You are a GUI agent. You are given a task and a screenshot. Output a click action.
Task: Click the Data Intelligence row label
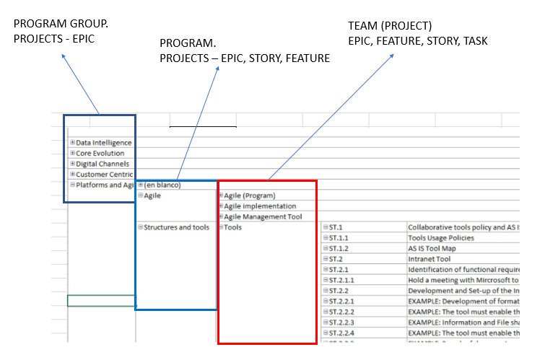(103, 143)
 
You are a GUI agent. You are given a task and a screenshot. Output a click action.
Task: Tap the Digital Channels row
(101, 164)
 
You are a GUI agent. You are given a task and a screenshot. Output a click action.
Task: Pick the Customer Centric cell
(103, 175)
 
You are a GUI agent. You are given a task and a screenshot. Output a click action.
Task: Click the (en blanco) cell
(162, 185)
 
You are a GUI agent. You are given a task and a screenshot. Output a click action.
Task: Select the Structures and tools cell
(176, 227)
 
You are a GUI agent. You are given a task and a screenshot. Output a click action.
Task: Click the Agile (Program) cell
(249, 196)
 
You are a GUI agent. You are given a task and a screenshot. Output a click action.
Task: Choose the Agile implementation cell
(255, 206)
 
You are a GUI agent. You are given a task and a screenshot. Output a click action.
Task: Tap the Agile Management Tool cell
(262, 216)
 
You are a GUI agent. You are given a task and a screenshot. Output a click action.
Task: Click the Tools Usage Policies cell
(441, 237)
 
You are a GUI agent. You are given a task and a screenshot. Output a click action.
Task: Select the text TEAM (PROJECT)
(390, 26)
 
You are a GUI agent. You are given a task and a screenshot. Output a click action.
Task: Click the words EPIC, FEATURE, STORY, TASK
(417, 41)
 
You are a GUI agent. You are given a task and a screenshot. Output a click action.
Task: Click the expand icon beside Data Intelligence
(73, 143)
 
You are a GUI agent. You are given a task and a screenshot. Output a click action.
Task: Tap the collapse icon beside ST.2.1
(326, 269)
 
